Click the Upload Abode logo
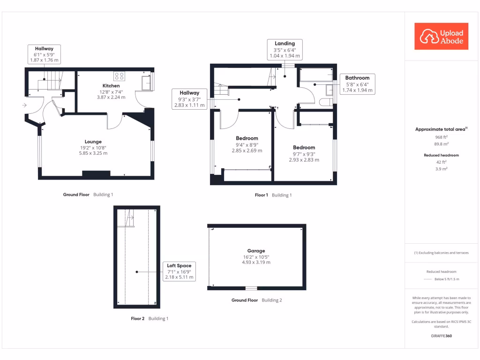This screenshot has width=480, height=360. pyautogui.click(x=441, y=37)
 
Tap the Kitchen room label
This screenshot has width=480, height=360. pyautogui.click(x=111, y=86)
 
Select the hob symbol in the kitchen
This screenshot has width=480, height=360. pyautogui.click(x=119, y=76)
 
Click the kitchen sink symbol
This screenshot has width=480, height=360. pyautogui.click(x=147, y=83)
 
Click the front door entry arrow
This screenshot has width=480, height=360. pyautogui.click(x=24, y=105)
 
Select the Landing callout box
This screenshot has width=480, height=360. pyautogui.click(x=285, y=50)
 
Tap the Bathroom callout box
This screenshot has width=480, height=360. pyautogui.click(x=357, y=84)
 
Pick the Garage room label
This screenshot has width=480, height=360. pyautogui.click(x=256, y=251)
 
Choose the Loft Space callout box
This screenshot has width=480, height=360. pyautogui.click(x=179, y=271)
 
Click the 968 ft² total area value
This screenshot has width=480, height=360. pyautogui.click(x=441, y=137)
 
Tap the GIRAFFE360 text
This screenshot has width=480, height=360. pyautogui.click(x=441, y=336)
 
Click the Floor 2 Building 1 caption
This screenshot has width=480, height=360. pyautogui.click(x=149, y=319)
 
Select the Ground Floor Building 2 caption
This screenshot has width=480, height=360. pyautogui.click(x=257, y=300)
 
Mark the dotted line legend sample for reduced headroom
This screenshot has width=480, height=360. pyautogui.click(x=427, y=279)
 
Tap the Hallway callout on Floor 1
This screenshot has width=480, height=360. pyautogui.click(x=189, y=99)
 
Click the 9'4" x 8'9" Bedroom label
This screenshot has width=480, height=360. pyautogui.click(x=247, y=145)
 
